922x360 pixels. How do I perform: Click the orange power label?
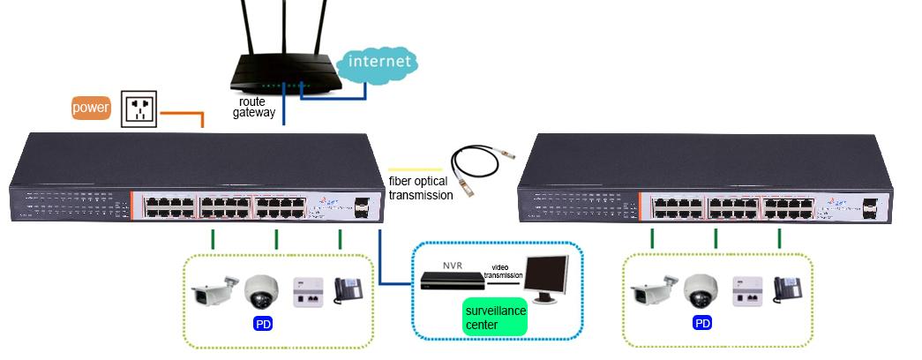pyautogui.click(x=92, y=109)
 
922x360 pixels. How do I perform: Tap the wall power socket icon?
pyautogui.click(x=139, y=109)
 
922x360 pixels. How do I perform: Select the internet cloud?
pyautogui.click(x=379, y=64)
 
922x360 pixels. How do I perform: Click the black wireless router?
pyautogui.click(x=284, y=75)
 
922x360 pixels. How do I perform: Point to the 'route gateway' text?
pyautogui.click(x=254, y=108)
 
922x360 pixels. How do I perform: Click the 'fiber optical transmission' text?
pyautogui.click(x=421, y=189)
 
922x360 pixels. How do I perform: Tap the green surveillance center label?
pyautogui.click(x=495, y=318)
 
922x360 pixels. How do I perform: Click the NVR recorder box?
pyautogui.click(x=452, y=281)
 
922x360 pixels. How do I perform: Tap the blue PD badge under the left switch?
pyautogui.click(x=263, y=324)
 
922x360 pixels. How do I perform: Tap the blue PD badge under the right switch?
pyautogui.click(x=702, y=324)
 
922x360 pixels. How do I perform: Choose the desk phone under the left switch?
pyautogui.click(x=349, y=290)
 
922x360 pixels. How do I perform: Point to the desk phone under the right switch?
pyautogui.click(x=787, y=290)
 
